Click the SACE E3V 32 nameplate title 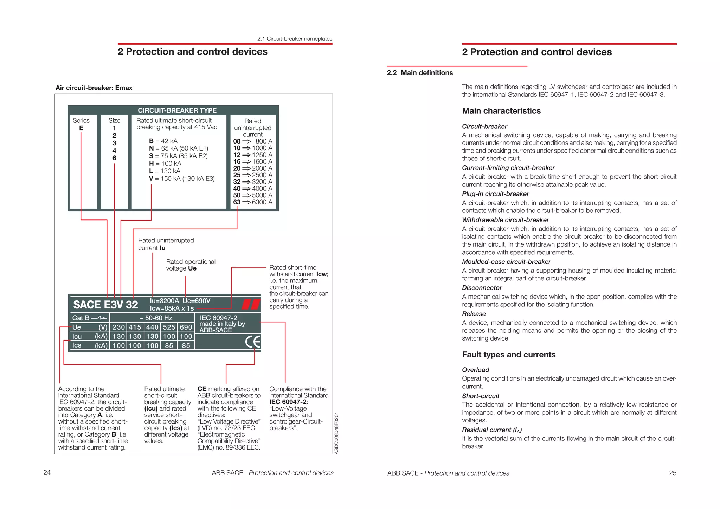pos(105,305)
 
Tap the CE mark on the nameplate pos(253,342)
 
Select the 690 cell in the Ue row pos(186,327)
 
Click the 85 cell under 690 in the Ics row pos(186,345)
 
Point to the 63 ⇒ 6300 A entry pos(253,202)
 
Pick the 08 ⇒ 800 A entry pos(253,141)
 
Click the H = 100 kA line pos(165,164)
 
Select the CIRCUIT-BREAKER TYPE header pos(177,110)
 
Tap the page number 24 pos(47,472)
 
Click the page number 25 pos(673,473)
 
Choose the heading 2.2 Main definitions pos(420,73)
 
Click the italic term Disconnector pos(482,288)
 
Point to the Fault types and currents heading pos(509,355)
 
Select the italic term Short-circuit pos(481,396)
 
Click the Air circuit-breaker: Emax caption pos(94,88)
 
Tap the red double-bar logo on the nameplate pos(251,304)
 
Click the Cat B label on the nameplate pos(81,318)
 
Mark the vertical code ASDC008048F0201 pos(336,433)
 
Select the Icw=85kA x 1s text pos(172,308)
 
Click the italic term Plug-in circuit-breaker pos(495,194)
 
